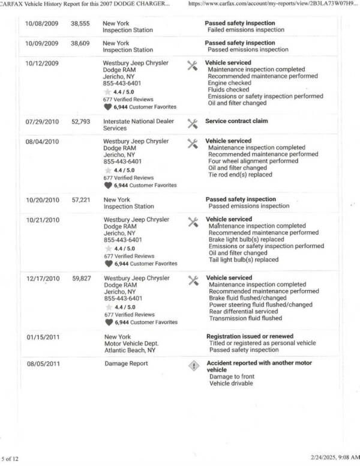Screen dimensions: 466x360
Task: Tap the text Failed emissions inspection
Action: click(x=245, y=29)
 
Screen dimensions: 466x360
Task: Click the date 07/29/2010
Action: click(x=42, y=121)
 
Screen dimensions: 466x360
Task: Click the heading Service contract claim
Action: click(x=236, y=121)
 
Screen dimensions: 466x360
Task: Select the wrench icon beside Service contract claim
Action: click(x=193, y=124)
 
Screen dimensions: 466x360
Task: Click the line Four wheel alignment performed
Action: click(x=253, y=162)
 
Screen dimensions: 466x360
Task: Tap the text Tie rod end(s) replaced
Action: click(x=240, y=175)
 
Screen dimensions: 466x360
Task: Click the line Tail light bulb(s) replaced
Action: click(x=244, y=260)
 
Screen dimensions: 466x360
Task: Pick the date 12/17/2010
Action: click(x=43, y=279)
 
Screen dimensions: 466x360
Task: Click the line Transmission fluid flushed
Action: click(x=245, y=319)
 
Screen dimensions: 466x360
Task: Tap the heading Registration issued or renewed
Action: click(x=250, y=336)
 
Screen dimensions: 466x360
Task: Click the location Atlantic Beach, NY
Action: click(x=130, y=350)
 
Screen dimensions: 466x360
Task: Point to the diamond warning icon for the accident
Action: click(x=193, y=366)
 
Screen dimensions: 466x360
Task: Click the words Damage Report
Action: click(x=126, y=364)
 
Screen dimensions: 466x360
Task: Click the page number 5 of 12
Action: click(x=11, y=459)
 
